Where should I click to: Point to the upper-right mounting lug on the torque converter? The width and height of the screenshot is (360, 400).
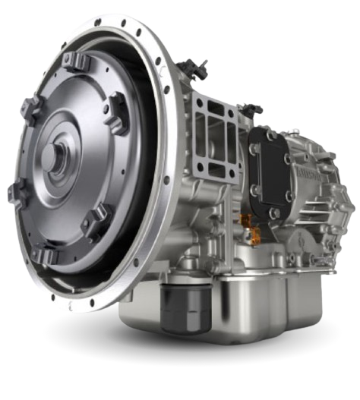click(116, 102)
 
